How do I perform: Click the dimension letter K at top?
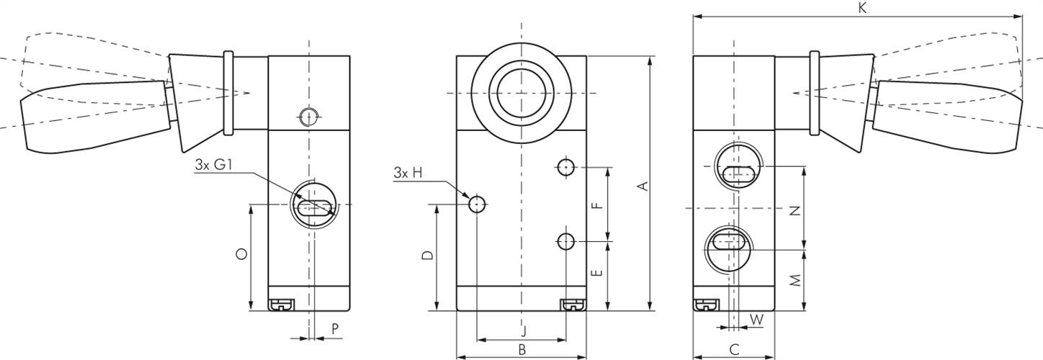coord(862,8)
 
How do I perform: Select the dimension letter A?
coord(645,186)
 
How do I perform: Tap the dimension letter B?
coord(522,349)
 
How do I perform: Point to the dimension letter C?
coord(734,349)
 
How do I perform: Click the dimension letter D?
coord(428,256)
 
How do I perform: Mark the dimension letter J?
coord(524,331)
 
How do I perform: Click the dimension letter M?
coord(795,281)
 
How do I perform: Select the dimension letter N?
coord(795,211)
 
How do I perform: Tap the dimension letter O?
coord(242,253)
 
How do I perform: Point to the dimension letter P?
coord(335,328)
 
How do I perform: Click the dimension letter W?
coord(756,318)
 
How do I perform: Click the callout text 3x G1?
coord(214,165)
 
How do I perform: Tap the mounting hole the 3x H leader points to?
coord(477,205)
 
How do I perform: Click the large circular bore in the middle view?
coord(521,93)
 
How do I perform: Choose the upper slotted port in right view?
coord(737,167)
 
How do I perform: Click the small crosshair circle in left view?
coord(308,116)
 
